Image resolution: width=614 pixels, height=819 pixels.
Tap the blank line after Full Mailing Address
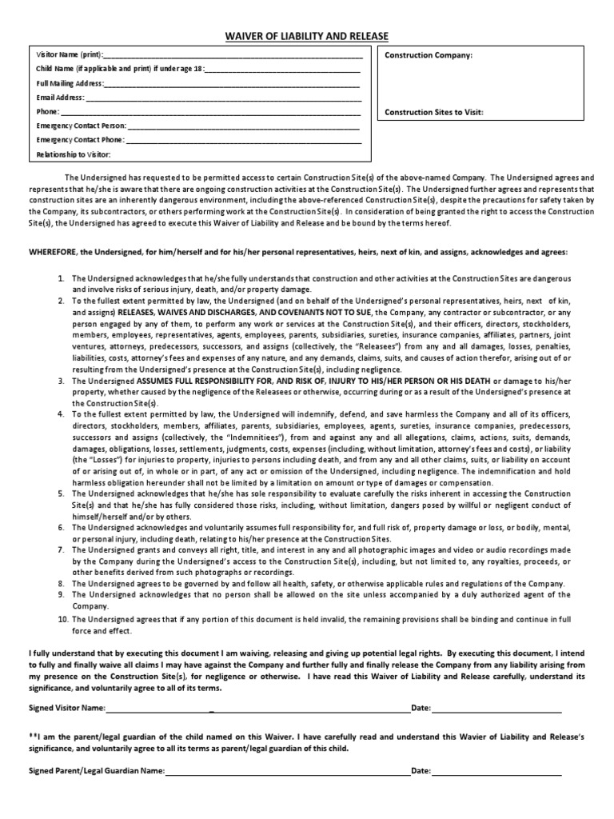232,84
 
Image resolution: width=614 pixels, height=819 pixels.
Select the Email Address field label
61,98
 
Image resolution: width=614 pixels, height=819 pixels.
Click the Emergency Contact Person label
81,126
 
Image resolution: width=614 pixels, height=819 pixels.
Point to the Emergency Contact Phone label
81,140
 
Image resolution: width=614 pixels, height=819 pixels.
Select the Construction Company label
429,56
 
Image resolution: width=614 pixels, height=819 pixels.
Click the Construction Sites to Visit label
434,113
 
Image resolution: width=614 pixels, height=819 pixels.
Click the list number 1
61,278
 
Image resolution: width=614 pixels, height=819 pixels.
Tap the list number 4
61,413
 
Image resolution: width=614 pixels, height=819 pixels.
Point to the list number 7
61,550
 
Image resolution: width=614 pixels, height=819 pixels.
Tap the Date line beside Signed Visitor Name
496,709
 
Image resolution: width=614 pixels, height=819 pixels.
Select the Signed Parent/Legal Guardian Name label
97,771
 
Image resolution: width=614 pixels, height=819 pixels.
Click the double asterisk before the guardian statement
33,734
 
